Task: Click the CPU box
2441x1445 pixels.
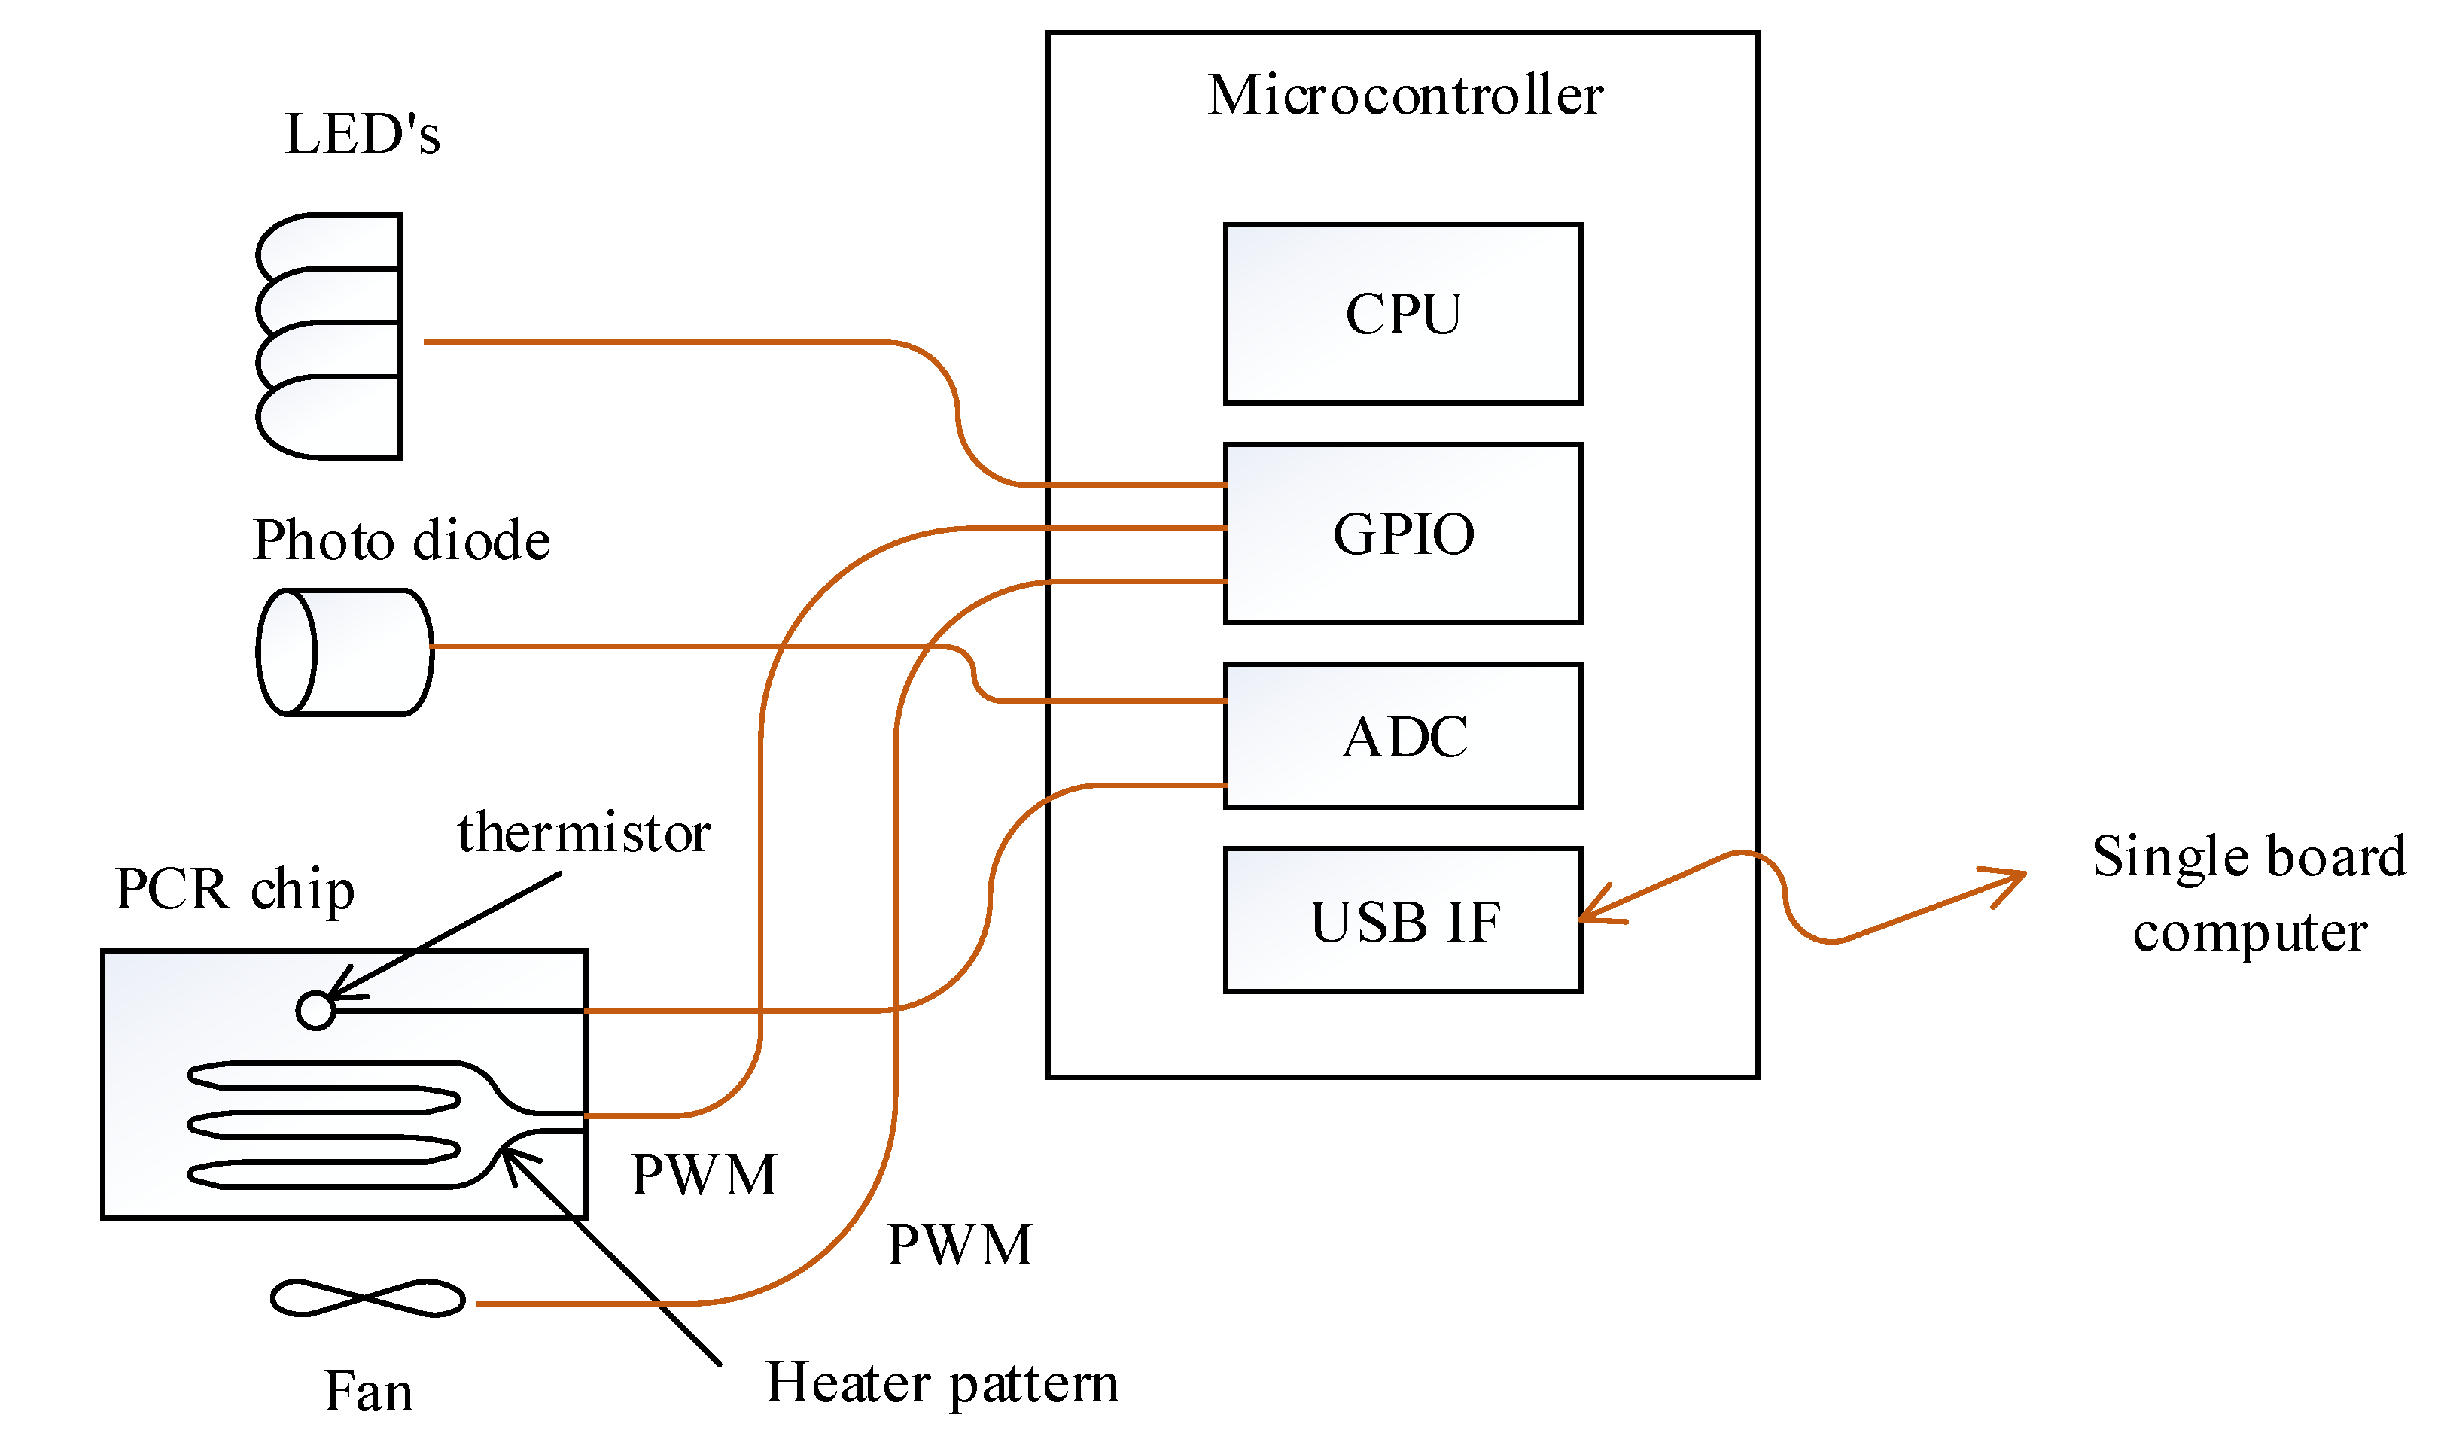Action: click(1402, 314)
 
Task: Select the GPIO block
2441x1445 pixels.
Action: click(1402, 534)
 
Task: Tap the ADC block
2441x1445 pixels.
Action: click(1402, 736)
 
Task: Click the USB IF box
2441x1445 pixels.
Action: click(1402, 921)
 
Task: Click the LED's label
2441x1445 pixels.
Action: click(362, 135)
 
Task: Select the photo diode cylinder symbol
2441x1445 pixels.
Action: click(345, 653)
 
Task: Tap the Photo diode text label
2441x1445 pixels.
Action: click(401, 540)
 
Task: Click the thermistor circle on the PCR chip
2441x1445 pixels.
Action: click(315, 1011)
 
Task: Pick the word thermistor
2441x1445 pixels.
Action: click(584, 833)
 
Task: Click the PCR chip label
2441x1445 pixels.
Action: click(235, 889)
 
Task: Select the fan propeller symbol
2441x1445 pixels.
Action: click(367, 1298)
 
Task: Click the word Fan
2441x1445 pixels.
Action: click(368, 1392)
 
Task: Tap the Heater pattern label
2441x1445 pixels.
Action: click(942, 1383)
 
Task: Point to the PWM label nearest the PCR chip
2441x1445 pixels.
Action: click(704, 1174)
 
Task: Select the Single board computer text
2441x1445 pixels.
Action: click(2248, 894)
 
